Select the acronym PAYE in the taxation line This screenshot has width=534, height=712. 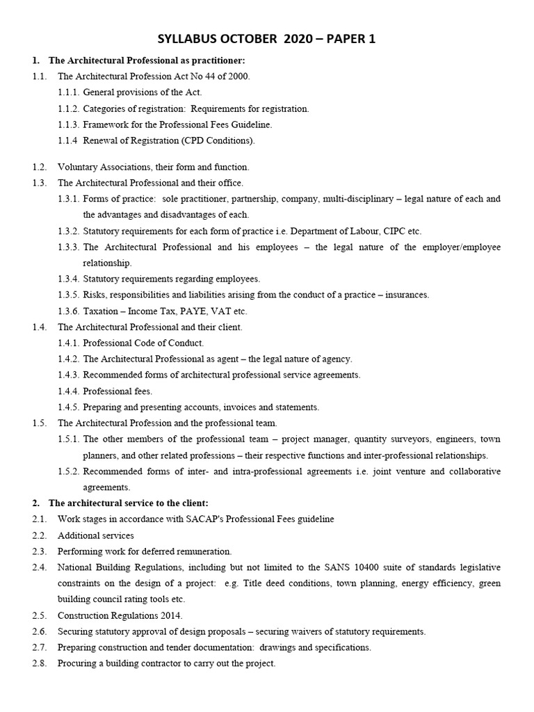pyautogui.click(x=178, y=311)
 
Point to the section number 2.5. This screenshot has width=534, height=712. pyautogui.click(x=39, y=616)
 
